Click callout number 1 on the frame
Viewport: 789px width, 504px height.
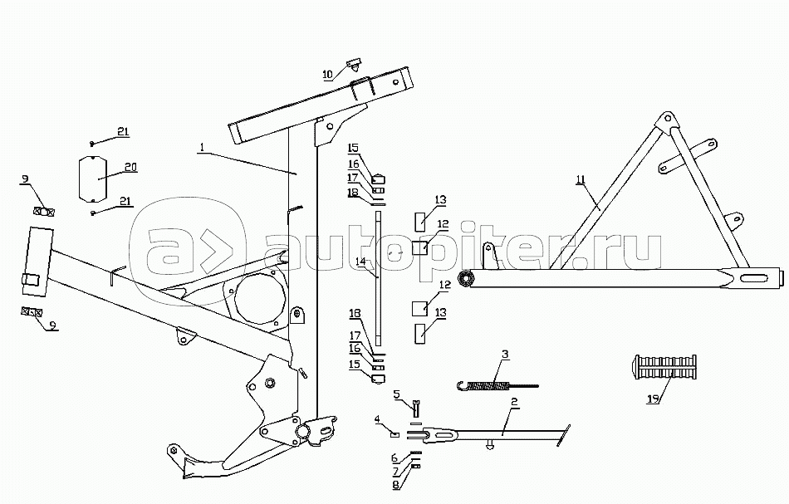point(201,148)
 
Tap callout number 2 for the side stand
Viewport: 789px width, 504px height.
point(514,403)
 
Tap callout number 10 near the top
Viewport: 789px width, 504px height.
point(328,74)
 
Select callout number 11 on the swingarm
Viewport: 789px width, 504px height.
point(580,179)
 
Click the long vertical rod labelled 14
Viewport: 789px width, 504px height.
point(378,278)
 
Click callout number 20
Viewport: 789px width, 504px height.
point(130,167)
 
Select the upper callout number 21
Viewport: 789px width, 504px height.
point(122,132)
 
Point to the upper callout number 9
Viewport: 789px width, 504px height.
point(26,179)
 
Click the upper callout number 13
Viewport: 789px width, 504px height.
point(441,199)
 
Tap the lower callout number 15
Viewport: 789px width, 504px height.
point(354,364)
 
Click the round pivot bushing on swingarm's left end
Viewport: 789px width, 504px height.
point(466,278)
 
